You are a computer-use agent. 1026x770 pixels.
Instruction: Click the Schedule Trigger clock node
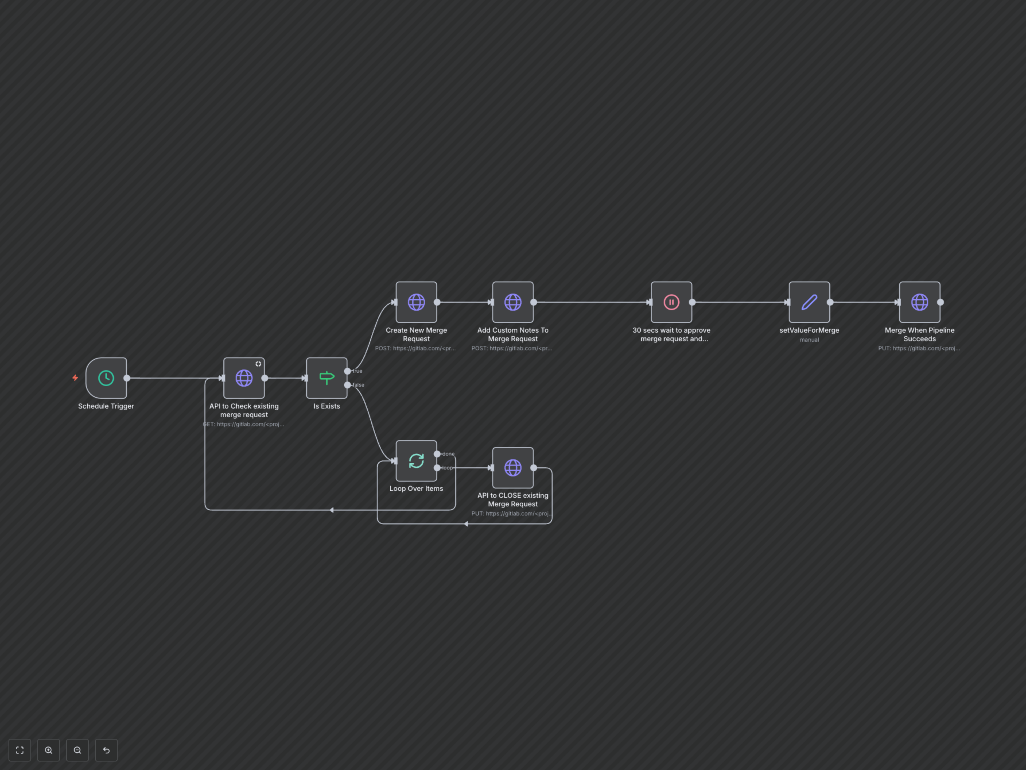point(106,378)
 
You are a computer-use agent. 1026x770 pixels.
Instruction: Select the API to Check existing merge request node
point(244,378)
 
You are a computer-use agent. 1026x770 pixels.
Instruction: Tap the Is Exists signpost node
point(327,378)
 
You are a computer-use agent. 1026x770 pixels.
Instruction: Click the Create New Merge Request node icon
point(416,302)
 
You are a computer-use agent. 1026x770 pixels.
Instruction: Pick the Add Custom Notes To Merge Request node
point(512,302)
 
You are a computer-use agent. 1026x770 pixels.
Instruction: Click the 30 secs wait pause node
point(671,302)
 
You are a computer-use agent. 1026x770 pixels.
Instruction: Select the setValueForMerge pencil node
point(809,302)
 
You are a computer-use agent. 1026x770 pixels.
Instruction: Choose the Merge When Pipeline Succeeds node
point(919,302)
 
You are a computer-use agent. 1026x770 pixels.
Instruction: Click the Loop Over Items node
point(416,461)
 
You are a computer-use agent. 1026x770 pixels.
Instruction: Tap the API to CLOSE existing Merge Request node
point(512,468)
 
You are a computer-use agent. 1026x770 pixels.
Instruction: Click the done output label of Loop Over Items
point(449,454)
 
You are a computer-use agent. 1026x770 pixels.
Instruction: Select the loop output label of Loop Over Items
point(448,468)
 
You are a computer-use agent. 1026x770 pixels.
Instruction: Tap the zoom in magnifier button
point(49,750)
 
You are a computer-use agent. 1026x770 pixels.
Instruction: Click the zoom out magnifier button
point(77,750)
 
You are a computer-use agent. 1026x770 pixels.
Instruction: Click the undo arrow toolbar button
point(106,750)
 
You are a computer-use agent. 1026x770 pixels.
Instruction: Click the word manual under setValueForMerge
point(809,340)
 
